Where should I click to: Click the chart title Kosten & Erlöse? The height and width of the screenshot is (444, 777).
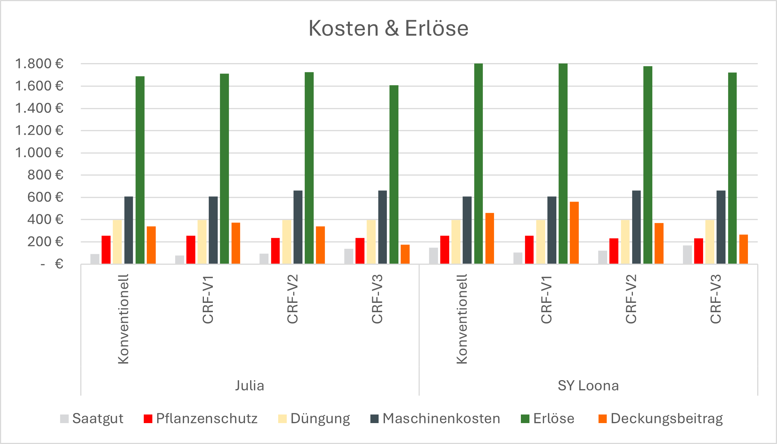point(388,28)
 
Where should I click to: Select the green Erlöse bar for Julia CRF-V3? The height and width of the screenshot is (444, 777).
point(394,174)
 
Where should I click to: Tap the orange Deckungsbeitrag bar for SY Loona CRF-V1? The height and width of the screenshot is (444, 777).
point(574,233)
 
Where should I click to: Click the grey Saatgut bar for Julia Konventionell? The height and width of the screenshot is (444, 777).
point(95,259)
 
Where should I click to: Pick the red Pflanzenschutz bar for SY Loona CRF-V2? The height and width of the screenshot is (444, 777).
point(614,251)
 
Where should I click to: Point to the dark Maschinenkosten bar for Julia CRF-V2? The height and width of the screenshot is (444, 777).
point(298,227)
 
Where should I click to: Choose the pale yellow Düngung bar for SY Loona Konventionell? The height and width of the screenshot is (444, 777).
point(456,242)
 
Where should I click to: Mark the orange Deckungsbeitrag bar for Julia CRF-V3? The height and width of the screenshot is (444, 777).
point(405,254)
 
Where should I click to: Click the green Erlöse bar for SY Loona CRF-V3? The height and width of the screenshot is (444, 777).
point(732,168)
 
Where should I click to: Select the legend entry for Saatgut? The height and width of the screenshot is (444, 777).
point(92,419)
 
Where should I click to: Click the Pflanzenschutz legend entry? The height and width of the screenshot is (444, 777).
point(201,419)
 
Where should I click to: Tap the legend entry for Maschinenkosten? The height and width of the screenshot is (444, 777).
point(435,419)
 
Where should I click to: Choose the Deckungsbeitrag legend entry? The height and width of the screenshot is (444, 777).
point(661,419)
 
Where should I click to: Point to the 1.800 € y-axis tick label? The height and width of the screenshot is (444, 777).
point(39,64)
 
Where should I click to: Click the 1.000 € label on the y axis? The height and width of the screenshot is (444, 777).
point(39,153)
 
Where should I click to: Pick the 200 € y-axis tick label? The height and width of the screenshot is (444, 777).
point(45,242)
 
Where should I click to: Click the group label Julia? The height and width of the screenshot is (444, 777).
point(249,385)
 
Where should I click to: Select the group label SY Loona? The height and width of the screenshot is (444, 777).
point(588,385)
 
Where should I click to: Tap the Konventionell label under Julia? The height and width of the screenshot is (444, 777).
point(123,319)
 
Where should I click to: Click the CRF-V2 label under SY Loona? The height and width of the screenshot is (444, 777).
point(631,299)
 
